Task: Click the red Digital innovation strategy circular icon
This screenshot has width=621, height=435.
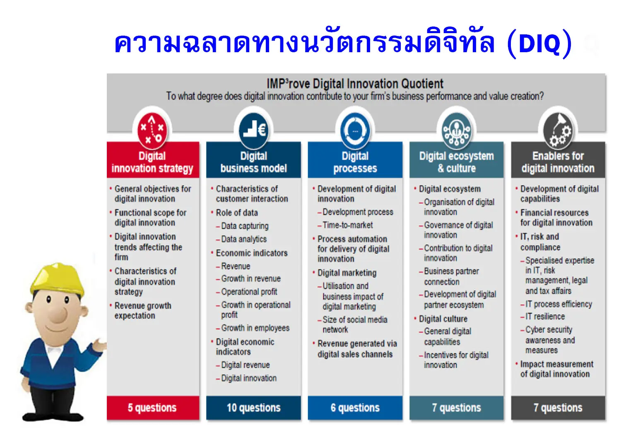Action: pyautogui.click(x=152, y=129)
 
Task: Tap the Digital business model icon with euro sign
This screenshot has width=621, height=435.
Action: pyautogui.click(x=254, y=130)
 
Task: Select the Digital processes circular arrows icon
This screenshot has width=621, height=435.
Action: pyautogui.click(x=355, y=130)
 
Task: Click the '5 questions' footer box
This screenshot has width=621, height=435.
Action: pyautogui.click(x=153, y=408)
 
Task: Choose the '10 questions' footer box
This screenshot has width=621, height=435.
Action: pyautogui.click(x=253, y=408)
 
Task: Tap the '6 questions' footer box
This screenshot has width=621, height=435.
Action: pyautogui.click(x=355, y=408)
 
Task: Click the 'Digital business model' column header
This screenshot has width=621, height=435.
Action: pyautogui.click(x=253, y=162)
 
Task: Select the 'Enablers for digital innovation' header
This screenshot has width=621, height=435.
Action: pyautogui.click(x=558, y=162)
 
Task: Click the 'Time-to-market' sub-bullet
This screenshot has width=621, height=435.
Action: pyautogui.click(x=347, y=225)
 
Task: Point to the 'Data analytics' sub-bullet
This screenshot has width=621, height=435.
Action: pyautogui.click(x=244, y=239)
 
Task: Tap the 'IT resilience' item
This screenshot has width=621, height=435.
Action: pyautogui.click(x=545, y=317)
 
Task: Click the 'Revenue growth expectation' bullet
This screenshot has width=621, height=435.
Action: pyautogui.click(x=142, y=311)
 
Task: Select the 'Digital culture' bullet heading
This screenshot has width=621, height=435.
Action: pyautogui.click(x=443, y=319)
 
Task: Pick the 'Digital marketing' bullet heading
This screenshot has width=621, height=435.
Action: pyautogui.click(x=347, y=273)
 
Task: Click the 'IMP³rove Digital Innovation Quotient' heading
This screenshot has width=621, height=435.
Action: pyautogui.click(x=355, y=84)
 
